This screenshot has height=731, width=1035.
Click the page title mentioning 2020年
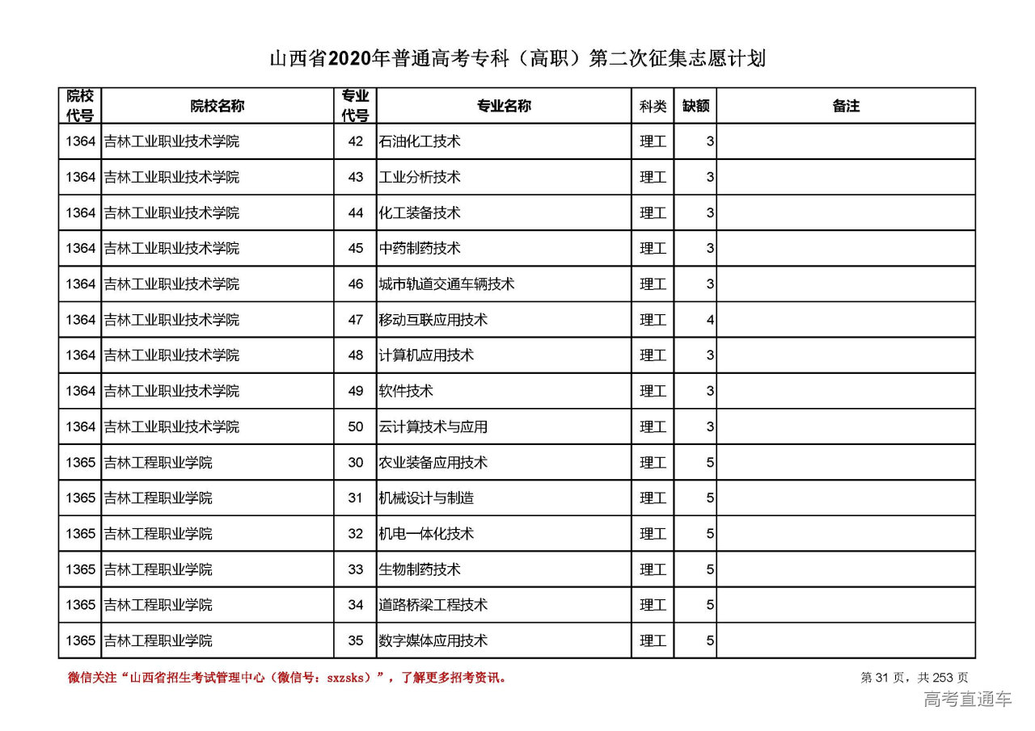click(x=517, y=59)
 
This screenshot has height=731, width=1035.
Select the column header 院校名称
click(x=217, y=106)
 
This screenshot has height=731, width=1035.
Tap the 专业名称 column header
click(x=503, y=106)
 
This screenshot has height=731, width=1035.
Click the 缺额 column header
click(x=695, y=106)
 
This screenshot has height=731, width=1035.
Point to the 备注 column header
click(x=846, y=106)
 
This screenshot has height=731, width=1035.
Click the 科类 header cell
click(x=653, y=106)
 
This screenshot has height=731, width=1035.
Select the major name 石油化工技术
click(x=420, y=141)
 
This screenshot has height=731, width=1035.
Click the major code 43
click(x=356, y=177)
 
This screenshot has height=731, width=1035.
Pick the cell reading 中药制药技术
click(x=420, y=248)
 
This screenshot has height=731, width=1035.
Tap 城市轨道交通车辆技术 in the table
click(x=446, y=284)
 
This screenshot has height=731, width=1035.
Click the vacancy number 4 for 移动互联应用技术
click(x=709, y=320)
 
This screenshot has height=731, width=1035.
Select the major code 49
click(x=356, y=391)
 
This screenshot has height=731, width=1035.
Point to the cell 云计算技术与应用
click(x=433, y=426)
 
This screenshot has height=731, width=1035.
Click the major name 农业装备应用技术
click(x=433, y=463)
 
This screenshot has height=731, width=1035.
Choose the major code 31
click(x=356, y=498)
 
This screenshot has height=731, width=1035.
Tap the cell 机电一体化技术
click(x=426, y=534)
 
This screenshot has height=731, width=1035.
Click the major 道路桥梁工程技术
click(x=433, y=605)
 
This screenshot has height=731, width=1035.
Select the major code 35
click(x=356, y=641)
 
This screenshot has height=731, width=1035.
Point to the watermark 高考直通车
click(x=967, y=699)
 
